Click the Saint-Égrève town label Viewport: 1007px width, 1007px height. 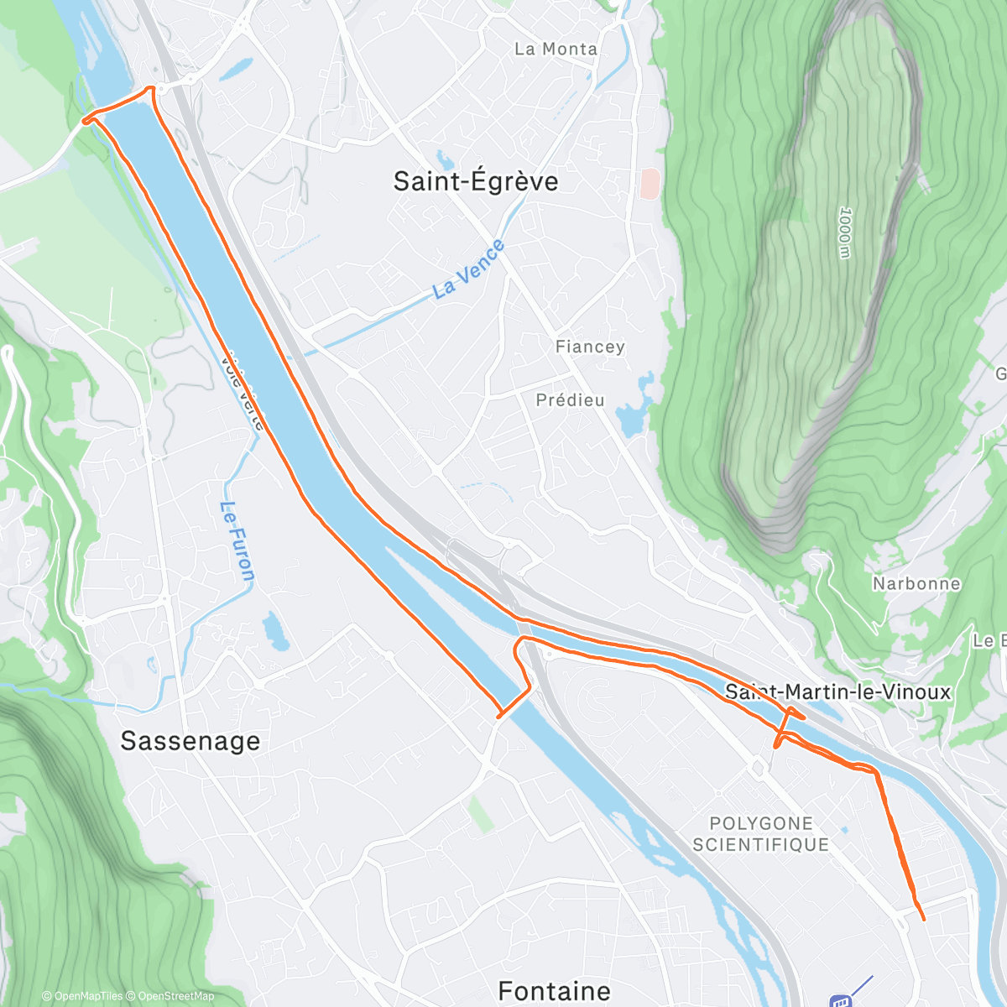[475, 181]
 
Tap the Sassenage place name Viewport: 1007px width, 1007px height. [190, 741]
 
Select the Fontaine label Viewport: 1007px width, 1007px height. [554, 991]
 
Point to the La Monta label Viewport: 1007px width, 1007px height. [556, 50]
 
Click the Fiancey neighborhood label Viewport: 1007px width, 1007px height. [590, 347]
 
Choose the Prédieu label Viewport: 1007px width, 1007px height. [570, 400]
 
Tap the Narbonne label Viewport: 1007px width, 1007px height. [916, 583]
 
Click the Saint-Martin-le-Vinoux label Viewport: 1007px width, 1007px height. [837, 692]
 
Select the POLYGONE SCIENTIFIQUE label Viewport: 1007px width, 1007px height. [761, 834]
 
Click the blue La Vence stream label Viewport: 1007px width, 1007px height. [469, 269]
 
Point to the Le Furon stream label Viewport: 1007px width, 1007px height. [237, 541]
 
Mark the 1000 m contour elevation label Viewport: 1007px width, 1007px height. [844, 233]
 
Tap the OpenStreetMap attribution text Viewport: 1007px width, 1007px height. [175, 996]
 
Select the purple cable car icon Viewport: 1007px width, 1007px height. [840, 1000]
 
